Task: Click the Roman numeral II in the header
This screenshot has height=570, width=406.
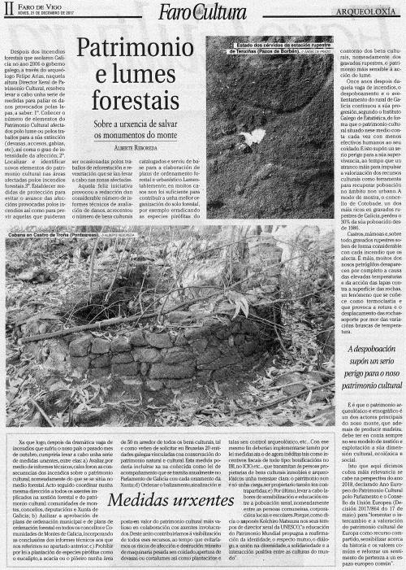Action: click(10, 11)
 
